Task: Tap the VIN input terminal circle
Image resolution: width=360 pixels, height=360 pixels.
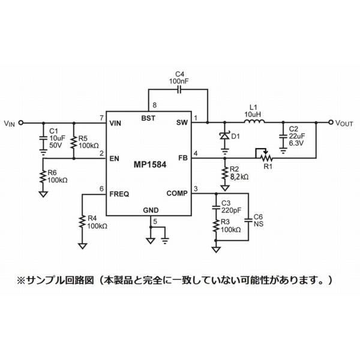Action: [x=21, y=123]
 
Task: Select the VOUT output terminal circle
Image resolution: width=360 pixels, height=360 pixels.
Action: [x=330, y=123]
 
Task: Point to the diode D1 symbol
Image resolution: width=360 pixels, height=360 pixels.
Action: [x=224, y=137]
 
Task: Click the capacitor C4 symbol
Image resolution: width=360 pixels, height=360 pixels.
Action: [x=178, y=88]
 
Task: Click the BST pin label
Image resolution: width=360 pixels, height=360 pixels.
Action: [x=148, y=119]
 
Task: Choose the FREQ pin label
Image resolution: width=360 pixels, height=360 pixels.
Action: [x=119, y=194]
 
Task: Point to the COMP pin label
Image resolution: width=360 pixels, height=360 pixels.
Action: [x=177, y=193]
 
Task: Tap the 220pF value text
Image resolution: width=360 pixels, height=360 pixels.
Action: [x=230, y=211]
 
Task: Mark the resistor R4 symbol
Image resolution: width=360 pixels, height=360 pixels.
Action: [x=82, y=224]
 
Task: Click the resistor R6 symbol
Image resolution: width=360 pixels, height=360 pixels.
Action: [x=43, y=176]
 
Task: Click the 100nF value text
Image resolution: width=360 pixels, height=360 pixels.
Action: [x=179, y=79]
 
